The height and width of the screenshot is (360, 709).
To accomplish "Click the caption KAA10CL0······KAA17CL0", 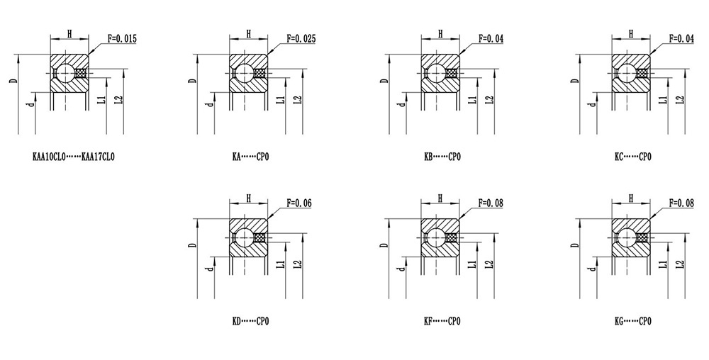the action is pyautogui.click(x=74, y=157).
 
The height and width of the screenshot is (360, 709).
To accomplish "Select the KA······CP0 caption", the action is pyautogui.click(x=250, y=157).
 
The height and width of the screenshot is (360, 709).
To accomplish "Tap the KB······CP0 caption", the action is pyautogui.click(x=442, y=157).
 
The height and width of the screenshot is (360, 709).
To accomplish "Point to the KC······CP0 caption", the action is pyautogui.click(x=633, y=157).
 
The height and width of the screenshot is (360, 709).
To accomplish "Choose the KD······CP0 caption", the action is pyautogui.click(x=250, y=322).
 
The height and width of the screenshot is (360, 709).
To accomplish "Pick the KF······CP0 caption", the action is pyautogui.click(x=442, y=322).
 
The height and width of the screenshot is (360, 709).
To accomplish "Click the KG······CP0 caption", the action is pyautogui.click(x=633, y=322).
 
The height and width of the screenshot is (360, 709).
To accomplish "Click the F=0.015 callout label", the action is pyautogui.click(x=122, y=39).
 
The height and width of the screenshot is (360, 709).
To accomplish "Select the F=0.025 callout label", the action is pyautogui.click(x=301, y=39).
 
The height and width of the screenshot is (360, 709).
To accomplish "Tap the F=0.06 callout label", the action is pyautogui.click(x=299, y=203).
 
